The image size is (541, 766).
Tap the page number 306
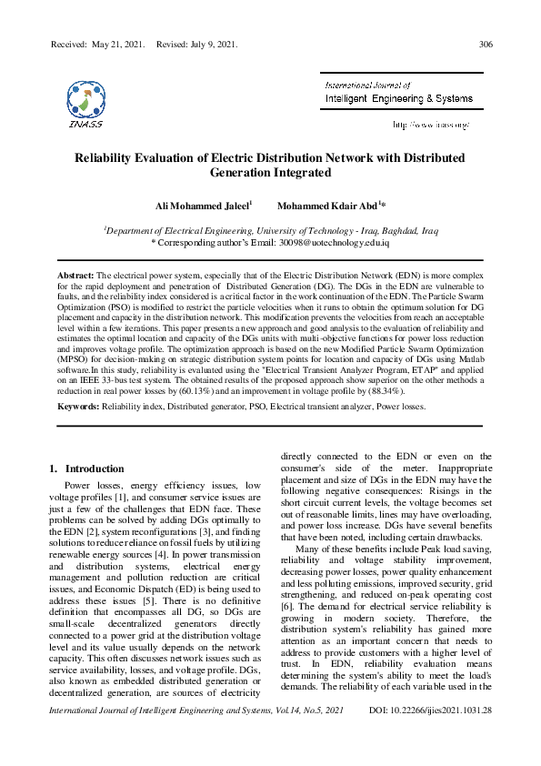(486, 44)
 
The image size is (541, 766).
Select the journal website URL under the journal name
(430, 123)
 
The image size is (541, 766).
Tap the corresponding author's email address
(345, 244)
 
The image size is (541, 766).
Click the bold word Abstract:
(75, 274)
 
